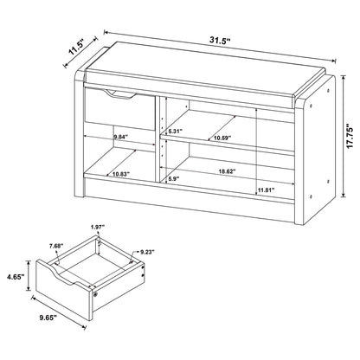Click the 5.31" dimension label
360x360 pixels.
(x=175, y=132)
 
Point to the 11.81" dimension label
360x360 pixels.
(x=267, y=190)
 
